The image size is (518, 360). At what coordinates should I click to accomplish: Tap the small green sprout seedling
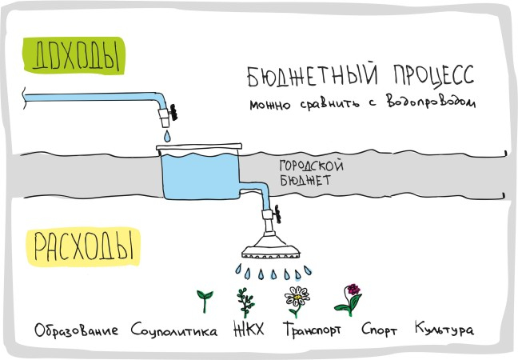click(205, 300)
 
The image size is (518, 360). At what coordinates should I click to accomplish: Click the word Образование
click(77, 330)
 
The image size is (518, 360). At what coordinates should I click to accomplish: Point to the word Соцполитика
click(173, 330)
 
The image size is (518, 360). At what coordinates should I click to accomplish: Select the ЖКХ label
click(249, 330)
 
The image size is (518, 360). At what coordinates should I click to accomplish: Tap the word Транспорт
click(316, 330)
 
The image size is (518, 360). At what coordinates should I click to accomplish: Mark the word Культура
click(444, 330)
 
